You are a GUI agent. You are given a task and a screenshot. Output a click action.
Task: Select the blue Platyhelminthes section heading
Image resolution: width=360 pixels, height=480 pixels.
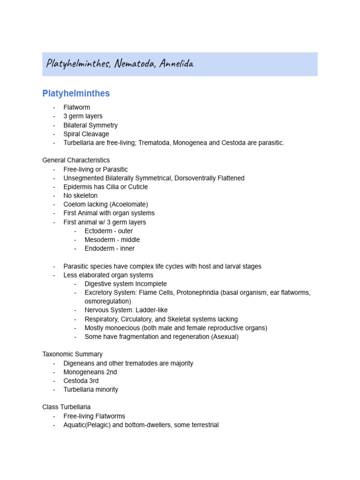76,93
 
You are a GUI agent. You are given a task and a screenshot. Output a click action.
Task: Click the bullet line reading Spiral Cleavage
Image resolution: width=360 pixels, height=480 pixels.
86,134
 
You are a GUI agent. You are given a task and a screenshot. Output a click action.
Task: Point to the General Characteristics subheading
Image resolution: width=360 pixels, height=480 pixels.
76,160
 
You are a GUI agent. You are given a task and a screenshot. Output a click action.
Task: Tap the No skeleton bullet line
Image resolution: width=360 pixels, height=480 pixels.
81,195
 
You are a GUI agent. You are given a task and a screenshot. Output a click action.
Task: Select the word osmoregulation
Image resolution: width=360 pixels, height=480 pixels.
107,301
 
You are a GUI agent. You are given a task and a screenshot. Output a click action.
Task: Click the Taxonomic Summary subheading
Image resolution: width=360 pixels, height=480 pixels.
72,354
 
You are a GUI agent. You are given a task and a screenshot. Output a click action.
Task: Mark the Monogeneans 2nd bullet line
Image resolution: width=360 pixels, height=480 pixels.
90,372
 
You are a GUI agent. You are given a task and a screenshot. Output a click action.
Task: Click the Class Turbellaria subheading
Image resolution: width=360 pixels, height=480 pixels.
66,407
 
